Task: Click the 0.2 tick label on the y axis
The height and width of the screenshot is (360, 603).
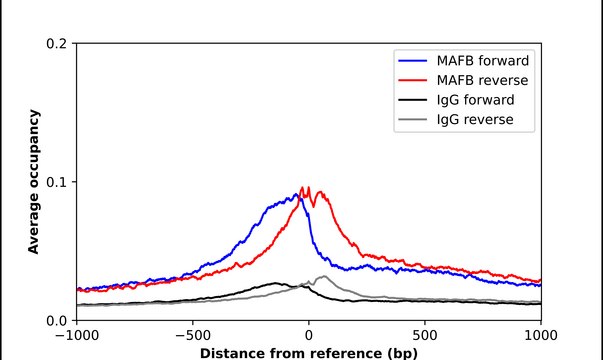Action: [x=57, y=44]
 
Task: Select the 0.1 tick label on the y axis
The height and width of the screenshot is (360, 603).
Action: [x=57, y=182]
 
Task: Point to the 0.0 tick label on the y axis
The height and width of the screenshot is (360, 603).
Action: [x=57, y=320]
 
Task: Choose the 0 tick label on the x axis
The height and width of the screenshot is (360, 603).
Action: [x=309, y=336]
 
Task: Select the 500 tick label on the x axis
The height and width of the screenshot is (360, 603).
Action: [x=425, y=336]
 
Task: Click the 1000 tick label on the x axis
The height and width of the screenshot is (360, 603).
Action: [x=541, y=336]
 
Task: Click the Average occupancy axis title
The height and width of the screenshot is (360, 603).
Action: [x=33, y=182]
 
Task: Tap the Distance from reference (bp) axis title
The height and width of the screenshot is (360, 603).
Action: [x=309, y=353]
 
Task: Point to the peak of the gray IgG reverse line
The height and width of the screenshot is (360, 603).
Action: [x=323, y=276]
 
